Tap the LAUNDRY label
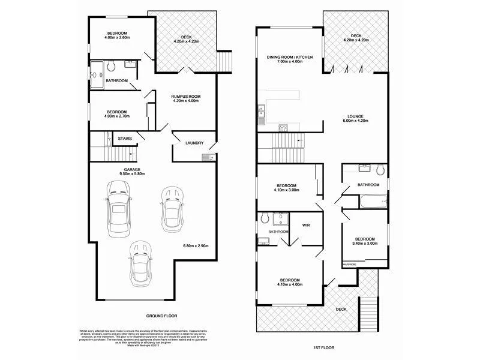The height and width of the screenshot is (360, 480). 194,143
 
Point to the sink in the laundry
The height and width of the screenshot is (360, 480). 205,157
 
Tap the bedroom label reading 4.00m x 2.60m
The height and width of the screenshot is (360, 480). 117,35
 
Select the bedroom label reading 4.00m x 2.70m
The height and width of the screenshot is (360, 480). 117,114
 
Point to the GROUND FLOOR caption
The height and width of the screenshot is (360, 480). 161,316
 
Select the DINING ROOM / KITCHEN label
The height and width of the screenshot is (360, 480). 290,59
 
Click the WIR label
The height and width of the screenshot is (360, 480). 306,225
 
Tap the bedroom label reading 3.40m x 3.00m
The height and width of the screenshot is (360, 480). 364,241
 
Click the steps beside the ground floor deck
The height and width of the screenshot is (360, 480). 224,61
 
